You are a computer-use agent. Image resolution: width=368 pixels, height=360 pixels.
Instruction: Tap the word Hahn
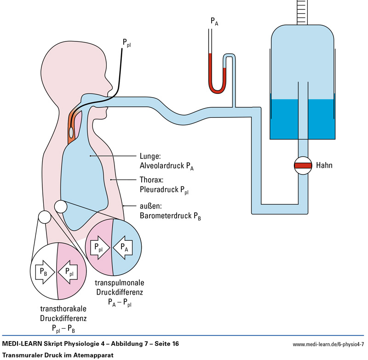click(x=324, y=165)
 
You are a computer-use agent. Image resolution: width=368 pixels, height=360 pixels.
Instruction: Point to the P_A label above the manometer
click(x=214, y=21)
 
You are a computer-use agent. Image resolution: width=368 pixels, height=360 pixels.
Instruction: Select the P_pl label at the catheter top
click(x=126, y=43)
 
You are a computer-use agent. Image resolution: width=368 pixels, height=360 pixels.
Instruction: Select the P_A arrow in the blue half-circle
click(x=122, y=247)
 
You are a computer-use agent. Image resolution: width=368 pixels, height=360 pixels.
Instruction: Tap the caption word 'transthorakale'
click(x=57, y=309)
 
